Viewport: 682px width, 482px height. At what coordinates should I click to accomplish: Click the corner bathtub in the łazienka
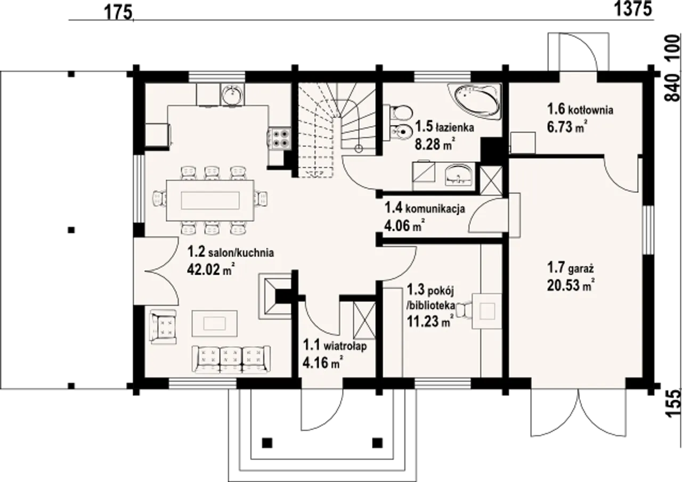click(x=475, y=102)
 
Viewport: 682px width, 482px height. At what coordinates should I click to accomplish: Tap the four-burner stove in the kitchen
click(x=279, y=139)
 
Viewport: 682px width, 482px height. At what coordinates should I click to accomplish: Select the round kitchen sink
click(x=232, y=94)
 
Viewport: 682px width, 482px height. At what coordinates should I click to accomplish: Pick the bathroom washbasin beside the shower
click(x=459, y=175)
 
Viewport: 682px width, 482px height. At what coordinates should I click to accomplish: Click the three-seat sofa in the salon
click(x=231, y=359)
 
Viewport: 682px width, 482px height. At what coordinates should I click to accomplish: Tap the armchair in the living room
click(x=164, y=326)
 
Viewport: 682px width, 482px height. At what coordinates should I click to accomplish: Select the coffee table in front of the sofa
click(x=215, y=323)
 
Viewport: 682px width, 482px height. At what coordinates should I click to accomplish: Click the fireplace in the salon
click(x=275, y=296)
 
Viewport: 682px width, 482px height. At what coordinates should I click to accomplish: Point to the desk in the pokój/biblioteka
click(x=486, y=311)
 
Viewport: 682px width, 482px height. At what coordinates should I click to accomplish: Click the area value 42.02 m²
click(x=211, y=269)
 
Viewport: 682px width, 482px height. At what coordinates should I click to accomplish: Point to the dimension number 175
click(x=118, y=13)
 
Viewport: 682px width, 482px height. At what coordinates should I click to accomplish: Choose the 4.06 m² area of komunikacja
click(x=404, y=226)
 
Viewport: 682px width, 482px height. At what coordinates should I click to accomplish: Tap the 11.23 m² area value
click(x=429, y=321)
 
